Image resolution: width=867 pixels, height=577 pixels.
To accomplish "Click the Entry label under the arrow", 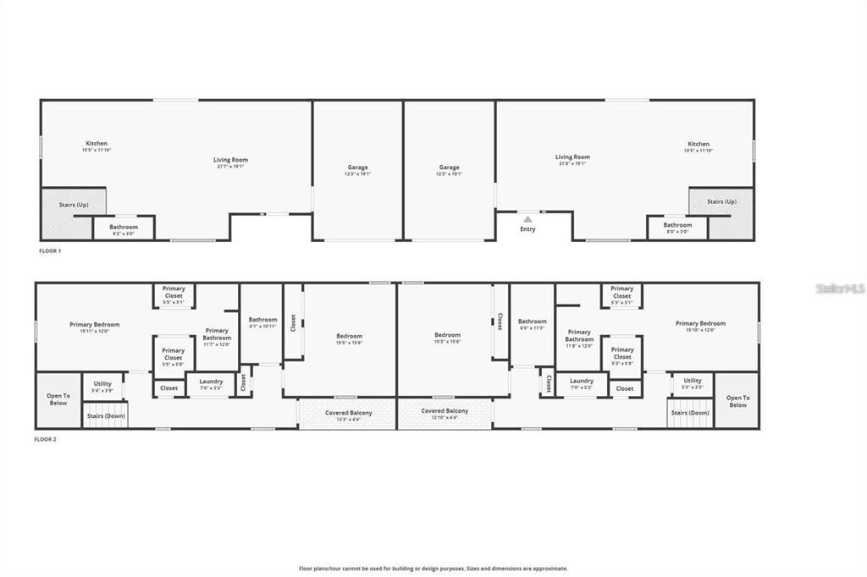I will pos(527,229).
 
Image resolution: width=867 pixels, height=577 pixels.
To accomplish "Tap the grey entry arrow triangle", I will pos(527,219).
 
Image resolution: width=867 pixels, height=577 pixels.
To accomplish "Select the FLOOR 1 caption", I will pos(50,251).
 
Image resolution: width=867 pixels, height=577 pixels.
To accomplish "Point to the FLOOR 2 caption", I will pos(45,439).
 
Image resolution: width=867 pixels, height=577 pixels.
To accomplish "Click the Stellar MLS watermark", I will pos(840,288).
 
